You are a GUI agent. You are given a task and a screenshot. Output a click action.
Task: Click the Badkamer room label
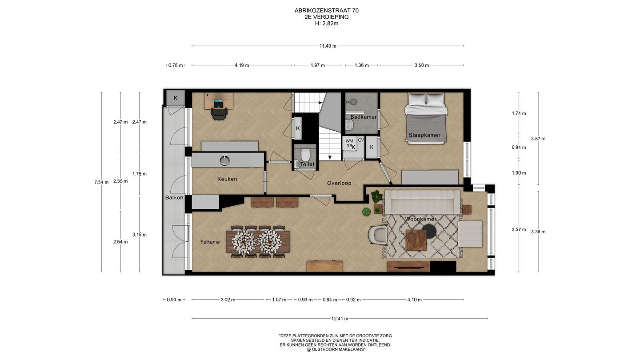364,117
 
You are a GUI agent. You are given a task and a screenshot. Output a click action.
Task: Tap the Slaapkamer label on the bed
424,135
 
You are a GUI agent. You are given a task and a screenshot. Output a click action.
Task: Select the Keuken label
227,179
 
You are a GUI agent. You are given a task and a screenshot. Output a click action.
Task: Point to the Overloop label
339,183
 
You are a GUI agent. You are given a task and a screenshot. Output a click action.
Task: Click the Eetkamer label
211,242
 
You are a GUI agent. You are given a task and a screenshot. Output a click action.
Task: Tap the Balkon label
174,197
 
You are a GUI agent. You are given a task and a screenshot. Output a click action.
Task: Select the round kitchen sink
225,160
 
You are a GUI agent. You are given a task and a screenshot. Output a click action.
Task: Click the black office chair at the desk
220,114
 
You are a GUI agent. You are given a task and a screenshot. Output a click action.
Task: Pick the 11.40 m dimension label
328,46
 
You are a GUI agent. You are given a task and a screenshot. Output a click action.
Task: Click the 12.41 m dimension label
340,319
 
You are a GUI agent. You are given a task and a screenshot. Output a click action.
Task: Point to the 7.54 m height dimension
101,182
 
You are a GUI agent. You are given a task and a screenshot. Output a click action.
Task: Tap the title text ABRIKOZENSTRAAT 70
327,11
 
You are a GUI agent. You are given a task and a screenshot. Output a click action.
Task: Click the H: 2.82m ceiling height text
327,24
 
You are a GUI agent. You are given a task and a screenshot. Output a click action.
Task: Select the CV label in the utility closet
361,140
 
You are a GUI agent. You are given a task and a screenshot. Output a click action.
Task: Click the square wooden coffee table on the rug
416,240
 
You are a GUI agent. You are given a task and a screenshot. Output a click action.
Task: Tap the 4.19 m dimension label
242,65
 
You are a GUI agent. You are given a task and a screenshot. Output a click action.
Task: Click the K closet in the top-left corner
176,98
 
